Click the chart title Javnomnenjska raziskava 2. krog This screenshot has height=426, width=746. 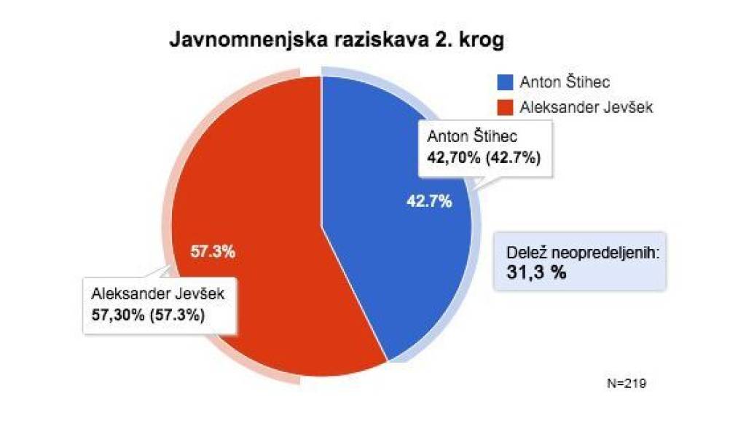(x=337, y=40)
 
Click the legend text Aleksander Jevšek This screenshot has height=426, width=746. (x=586, y=107)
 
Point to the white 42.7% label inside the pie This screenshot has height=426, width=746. (x=429, y=202)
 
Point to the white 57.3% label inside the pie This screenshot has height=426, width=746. (x=212, y=252)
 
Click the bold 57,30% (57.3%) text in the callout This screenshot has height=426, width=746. (x=148, y=315)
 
